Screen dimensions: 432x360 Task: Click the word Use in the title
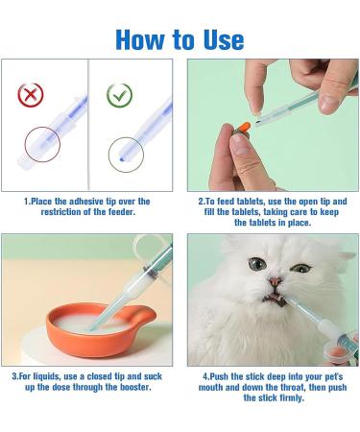[216, 38]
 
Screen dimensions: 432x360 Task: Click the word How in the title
[140, 38]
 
